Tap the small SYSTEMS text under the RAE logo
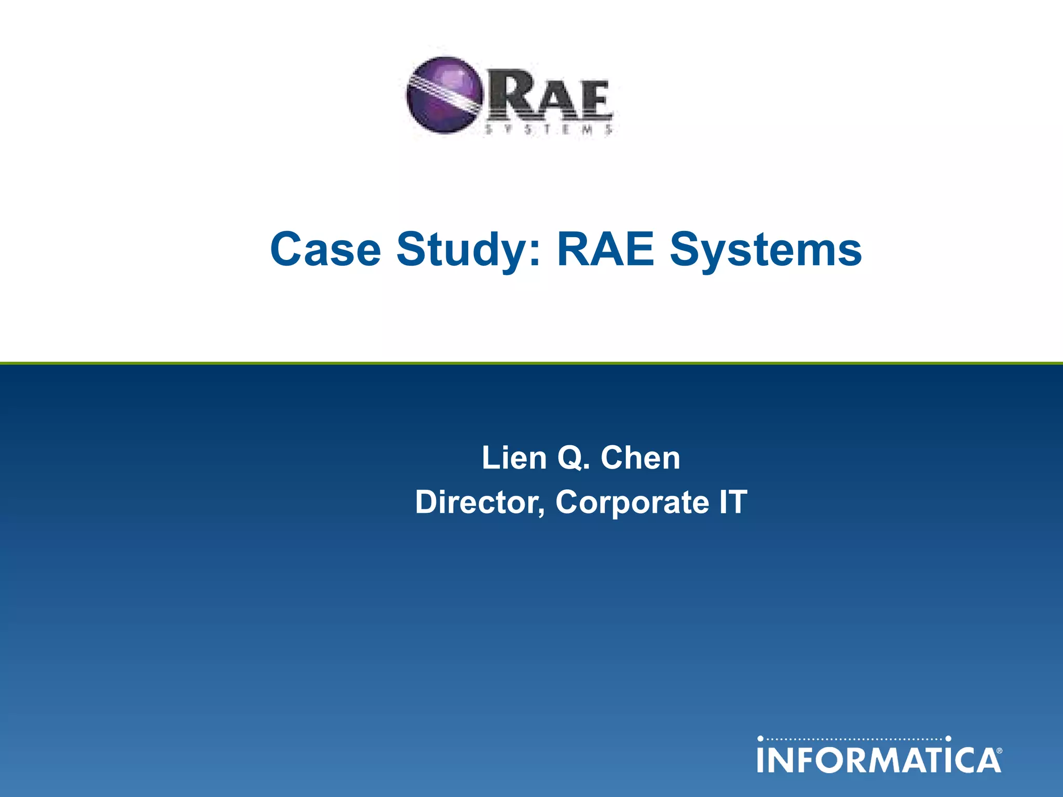(549, 130)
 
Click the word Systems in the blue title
(766, 251)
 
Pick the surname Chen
(640, 458)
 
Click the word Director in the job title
(480, 502)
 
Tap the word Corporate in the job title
(632, 502)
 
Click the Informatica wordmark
(879, 760)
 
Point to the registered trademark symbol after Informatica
(999, 750)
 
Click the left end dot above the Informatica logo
(760, 738)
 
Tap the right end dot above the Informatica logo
(948, 738)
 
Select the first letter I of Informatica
(761, 760)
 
